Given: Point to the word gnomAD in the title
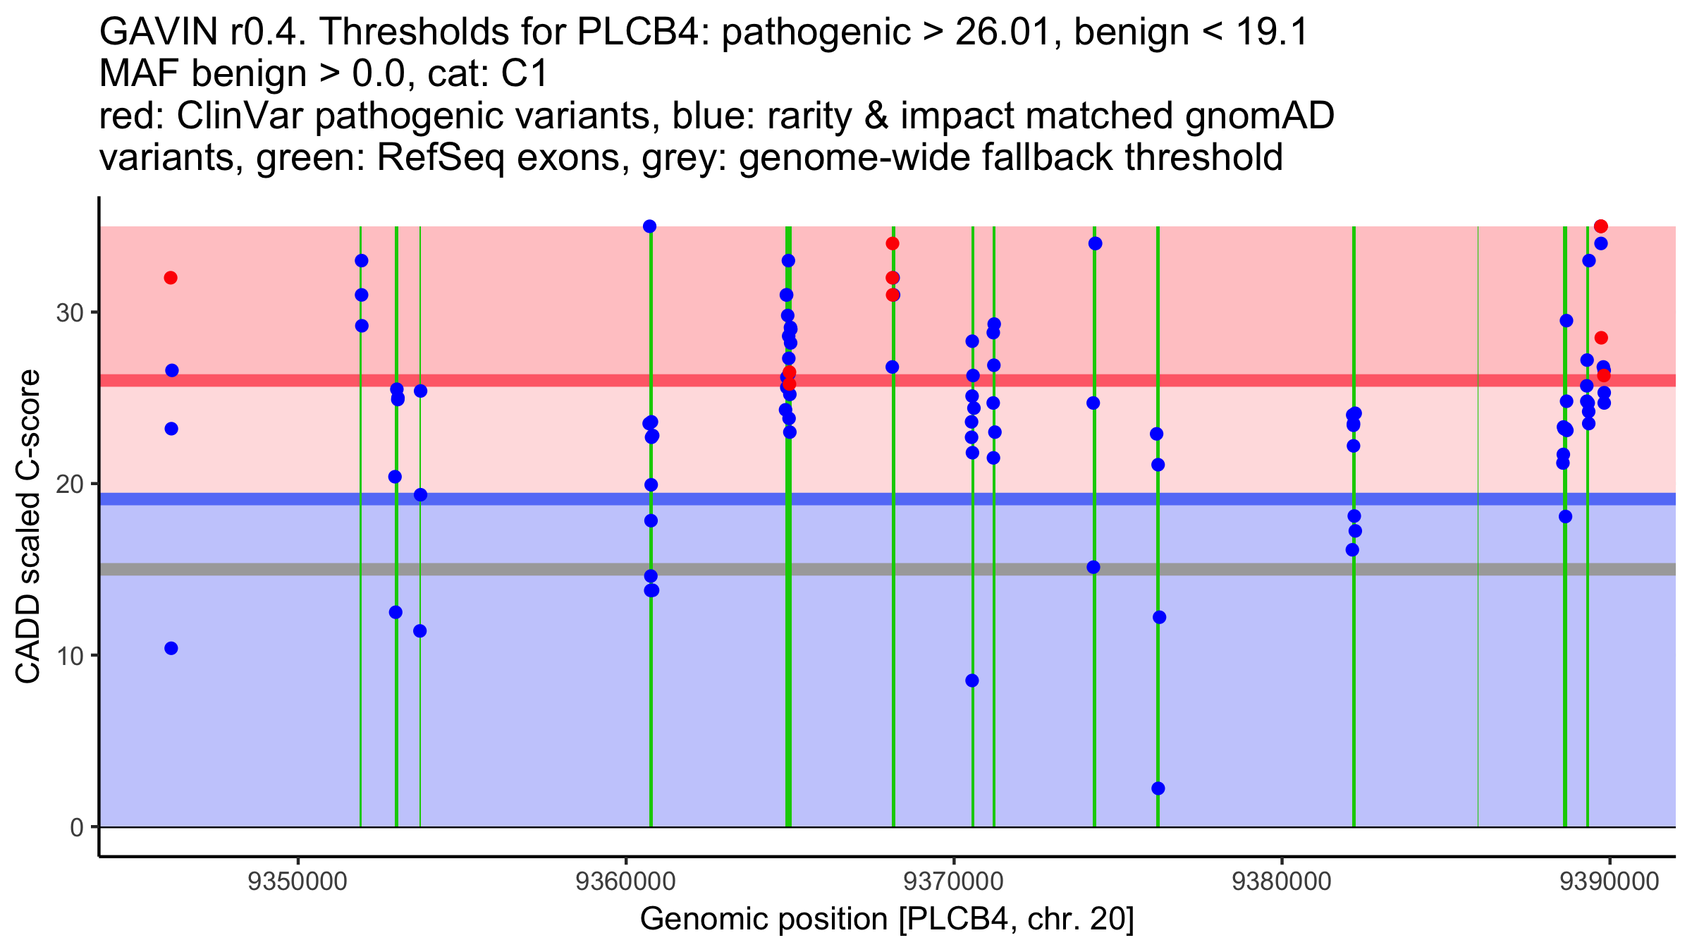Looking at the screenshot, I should coord(1259,116).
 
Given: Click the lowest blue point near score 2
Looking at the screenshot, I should coord(1158,788).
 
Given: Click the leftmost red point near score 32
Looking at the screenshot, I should coord(171,278).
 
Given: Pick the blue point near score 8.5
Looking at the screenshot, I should coord(972,681).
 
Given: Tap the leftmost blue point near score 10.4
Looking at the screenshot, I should coord(171,648).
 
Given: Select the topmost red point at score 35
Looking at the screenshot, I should coord(1601,226).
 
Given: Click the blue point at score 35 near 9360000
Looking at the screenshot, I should coord(650,226).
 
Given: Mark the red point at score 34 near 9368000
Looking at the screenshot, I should coord(893,243).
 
